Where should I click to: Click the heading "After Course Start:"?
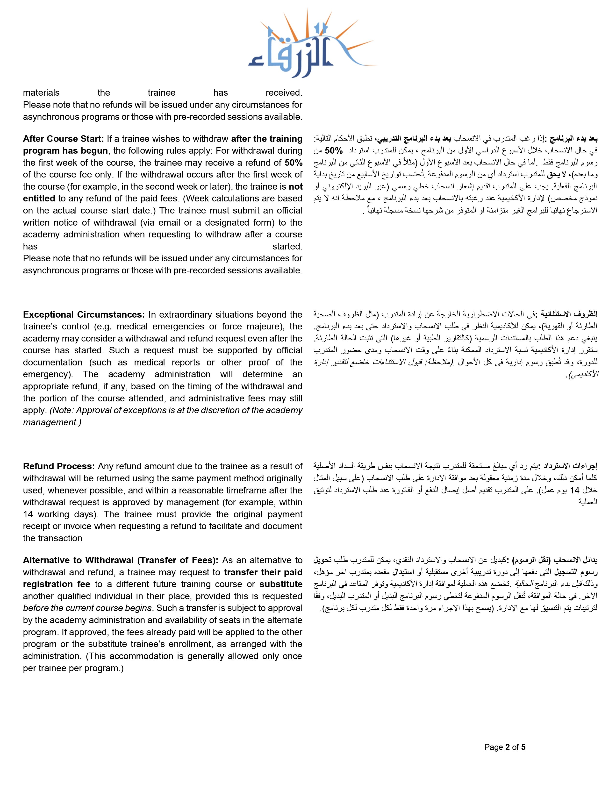tap(64, 139)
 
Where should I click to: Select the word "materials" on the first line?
tap(41, 93)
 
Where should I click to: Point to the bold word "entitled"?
tap(39, 199)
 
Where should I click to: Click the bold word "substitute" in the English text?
tap(281, 584)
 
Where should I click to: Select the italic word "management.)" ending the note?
tap(52, 423)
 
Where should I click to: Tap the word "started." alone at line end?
tap(287, 247)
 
